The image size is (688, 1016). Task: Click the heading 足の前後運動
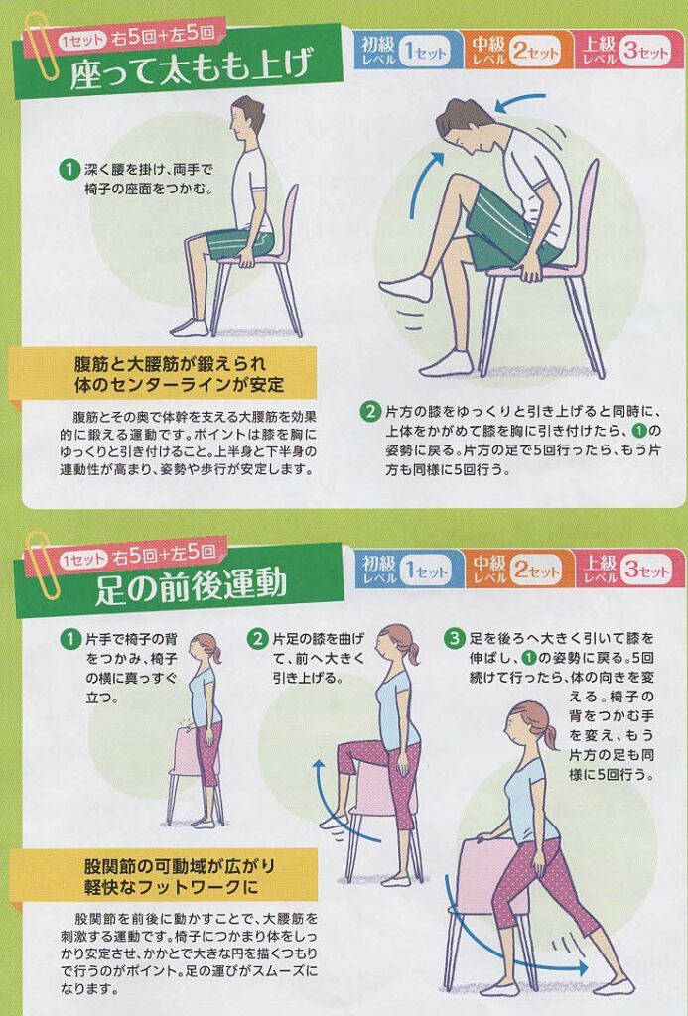(192, 583)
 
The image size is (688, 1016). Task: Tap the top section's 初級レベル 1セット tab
(407, 50)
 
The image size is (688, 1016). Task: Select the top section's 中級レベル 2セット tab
(518, 50)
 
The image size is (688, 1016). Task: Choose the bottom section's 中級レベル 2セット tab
(518, 568)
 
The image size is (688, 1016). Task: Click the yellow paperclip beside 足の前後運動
(43, 566)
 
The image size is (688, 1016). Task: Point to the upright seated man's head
(247, 120)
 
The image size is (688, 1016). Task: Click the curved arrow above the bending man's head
(519, 102)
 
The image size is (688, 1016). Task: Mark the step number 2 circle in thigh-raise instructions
(370, 411)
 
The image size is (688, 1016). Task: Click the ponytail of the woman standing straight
(216, 655)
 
